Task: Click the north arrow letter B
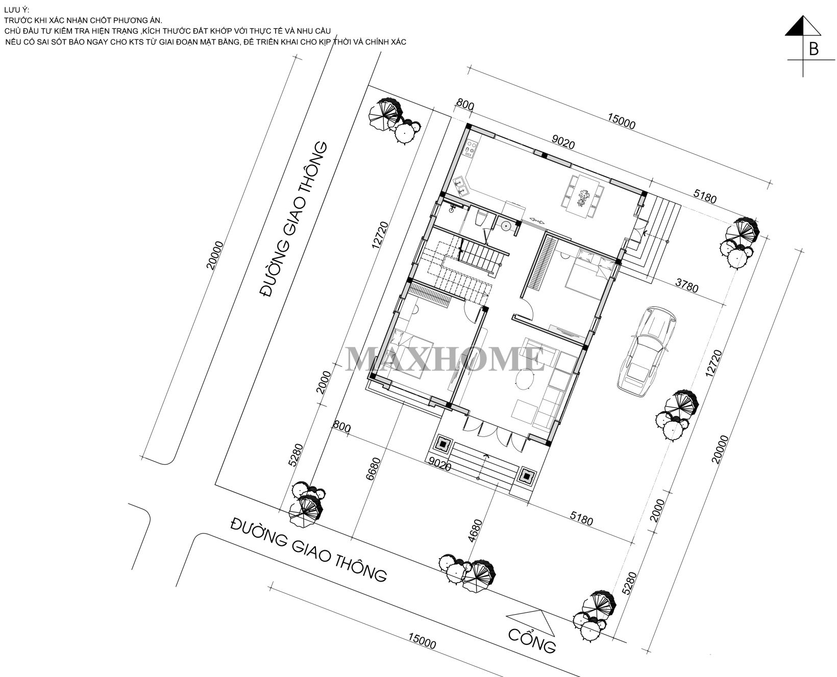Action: coord(814,49)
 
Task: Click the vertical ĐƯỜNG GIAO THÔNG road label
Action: coord(293,220)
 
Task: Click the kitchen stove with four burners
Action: coord(470,148)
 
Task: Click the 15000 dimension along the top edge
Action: coord(621,124)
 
